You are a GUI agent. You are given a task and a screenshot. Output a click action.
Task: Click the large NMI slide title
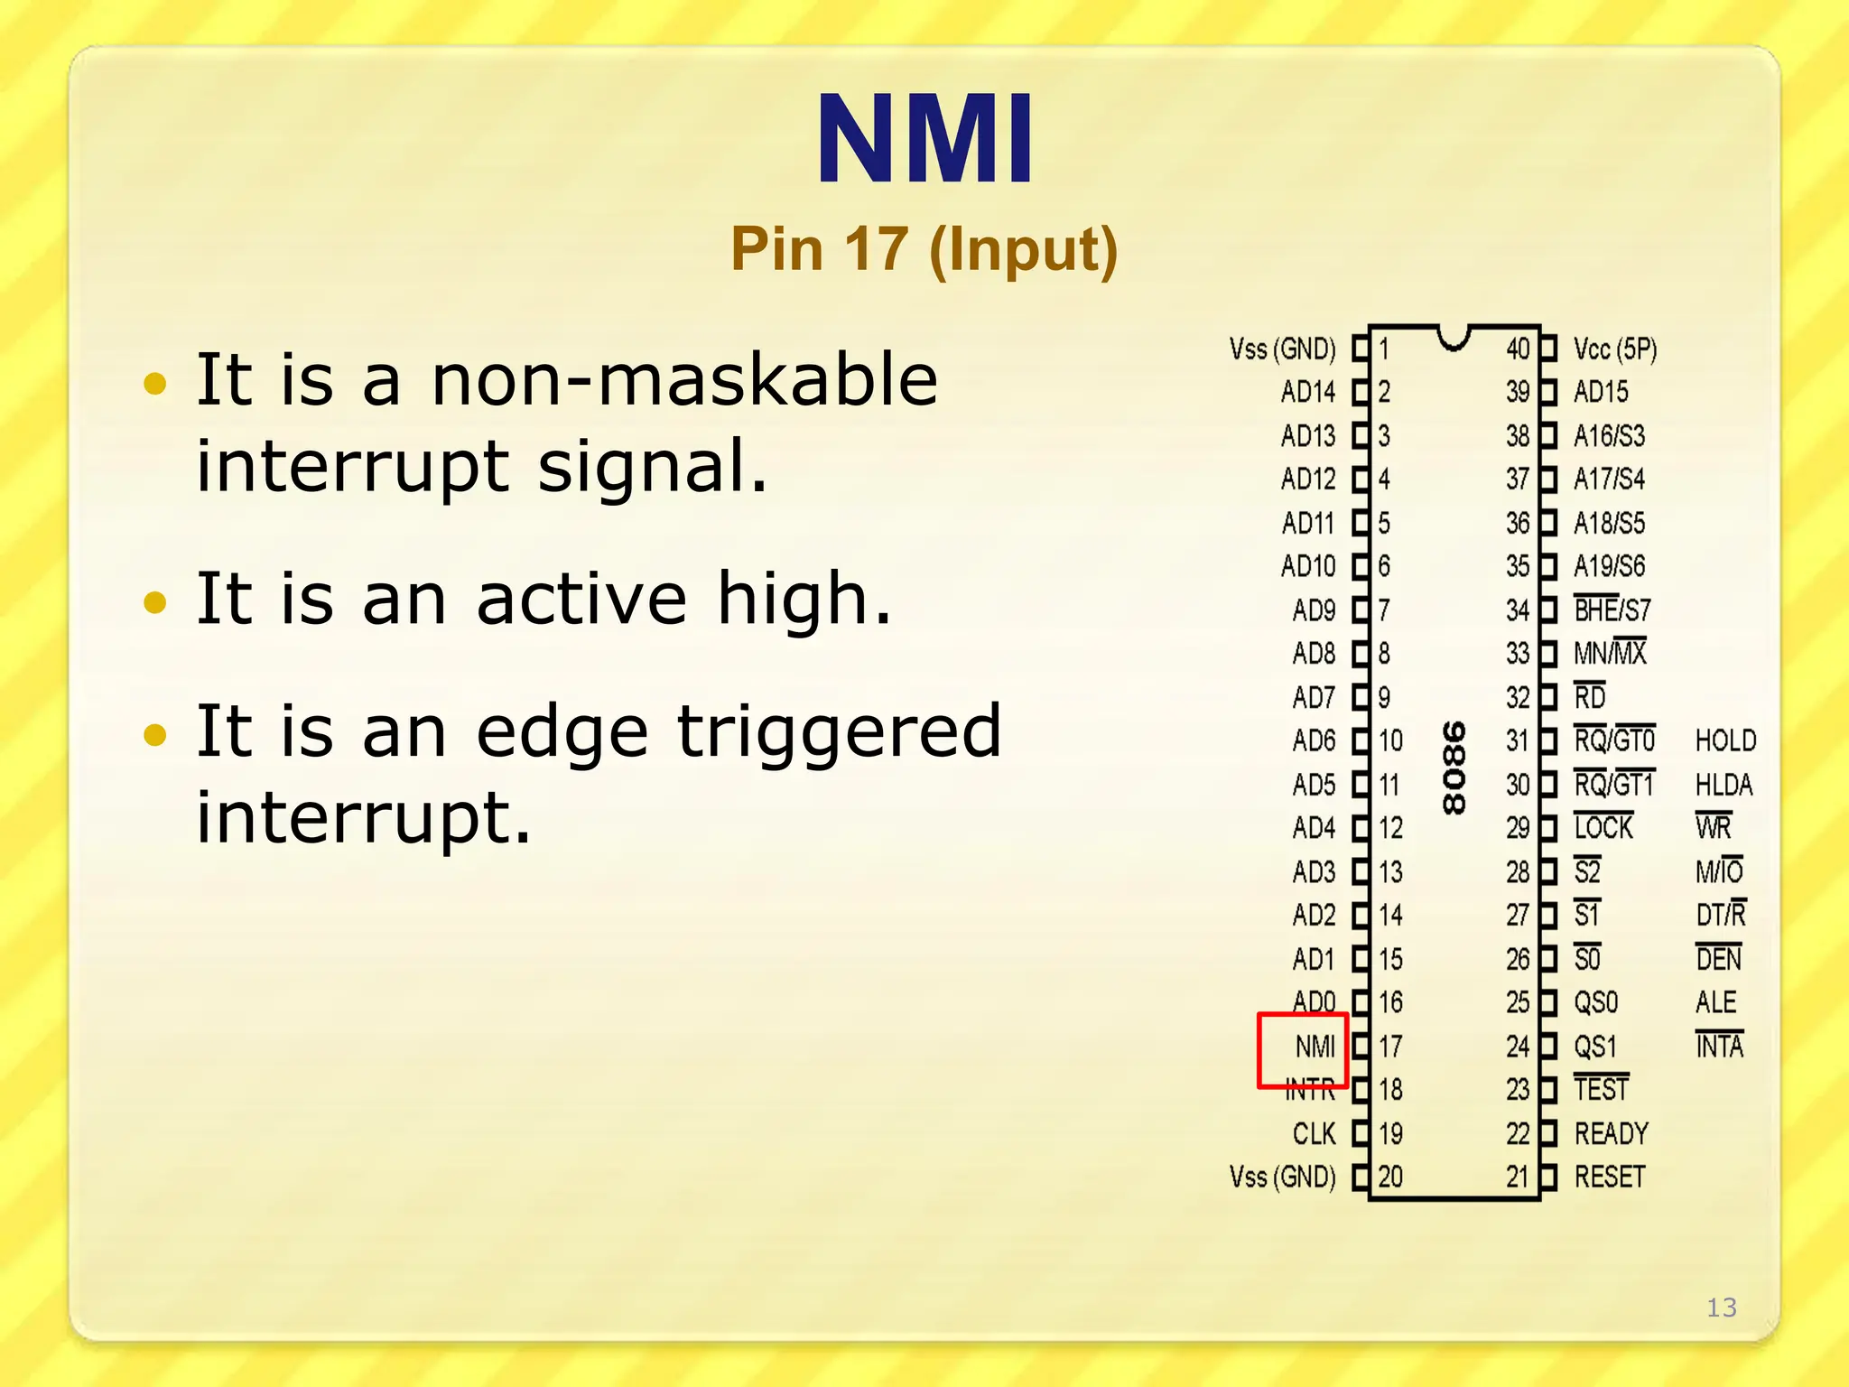tap(924, 140)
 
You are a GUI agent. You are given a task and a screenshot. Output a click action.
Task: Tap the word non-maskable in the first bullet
tap(684, 379)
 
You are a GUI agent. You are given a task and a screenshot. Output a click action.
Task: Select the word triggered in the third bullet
tap(839, 731)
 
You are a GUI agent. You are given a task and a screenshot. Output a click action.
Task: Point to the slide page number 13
tap(1721, 1308)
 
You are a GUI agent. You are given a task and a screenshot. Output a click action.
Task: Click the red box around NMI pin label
tap(1303, 1049)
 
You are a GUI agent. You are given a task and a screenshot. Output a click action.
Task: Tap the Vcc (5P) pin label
tap(1614, 349)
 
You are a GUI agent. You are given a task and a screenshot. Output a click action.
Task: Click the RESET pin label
tap(1609, 1177)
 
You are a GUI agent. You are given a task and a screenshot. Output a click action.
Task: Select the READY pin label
tap(1611, 1133)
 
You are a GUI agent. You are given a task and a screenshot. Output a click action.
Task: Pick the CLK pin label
tap(1314, 1133)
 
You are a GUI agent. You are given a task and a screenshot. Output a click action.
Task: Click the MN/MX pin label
tap(1610, 653)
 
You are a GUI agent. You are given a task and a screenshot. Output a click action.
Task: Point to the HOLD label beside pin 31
tap(1725, 740)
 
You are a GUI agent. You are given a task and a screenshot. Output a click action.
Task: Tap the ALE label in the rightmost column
tap(1715, 1002)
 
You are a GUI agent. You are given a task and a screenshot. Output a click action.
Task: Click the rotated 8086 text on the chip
tap(1454, 768)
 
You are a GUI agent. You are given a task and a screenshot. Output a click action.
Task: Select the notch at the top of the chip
tap(1454, 338)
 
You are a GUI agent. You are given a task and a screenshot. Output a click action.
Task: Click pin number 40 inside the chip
tap(1518, 349)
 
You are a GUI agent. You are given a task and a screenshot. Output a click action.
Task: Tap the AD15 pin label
tap(1601, 392)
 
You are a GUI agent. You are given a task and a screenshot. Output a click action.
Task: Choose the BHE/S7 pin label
tap(1612, 610)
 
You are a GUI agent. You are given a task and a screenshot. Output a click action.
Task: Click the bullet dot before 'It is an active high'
tap(155, 601)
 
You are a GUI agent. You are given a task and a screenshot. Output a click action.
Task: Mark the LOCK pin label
tap(1603, 827)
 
